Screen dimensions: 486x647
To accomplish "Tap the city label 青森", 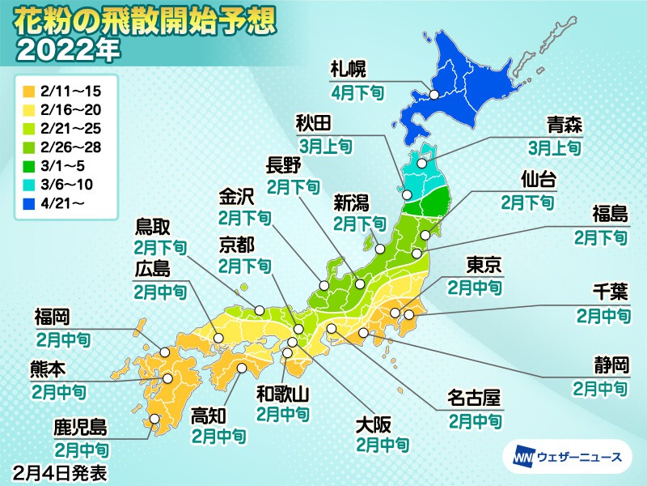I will (564, 126).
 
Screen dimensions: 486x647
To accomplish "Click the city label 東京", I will (484, 265).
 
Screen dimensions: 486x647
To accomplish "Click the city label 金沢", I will (237, 198).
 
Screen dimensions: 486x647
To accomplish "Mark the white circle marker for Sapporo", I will (434, 95).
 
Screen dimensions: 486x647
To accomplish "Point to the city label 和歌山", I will (281, 394).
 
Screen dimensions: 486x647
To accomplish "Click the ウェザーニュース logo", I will (567, 458).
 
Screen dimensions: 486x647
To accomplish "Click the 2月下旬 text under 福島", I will (600, 237).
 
